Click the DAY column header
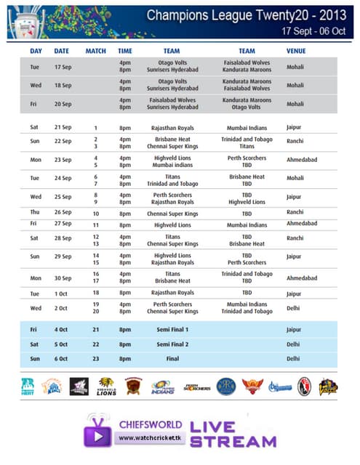36,52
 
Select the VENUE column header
296,52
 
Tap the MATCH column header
95,52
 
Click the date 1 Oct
62,293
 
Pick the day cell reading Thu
36,213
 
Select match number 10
95,214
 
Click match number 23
95,358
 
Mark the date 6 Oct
62,358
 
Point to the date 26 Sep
62,213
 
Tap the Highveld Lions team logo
106,387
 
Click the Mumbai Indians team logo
161,387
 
